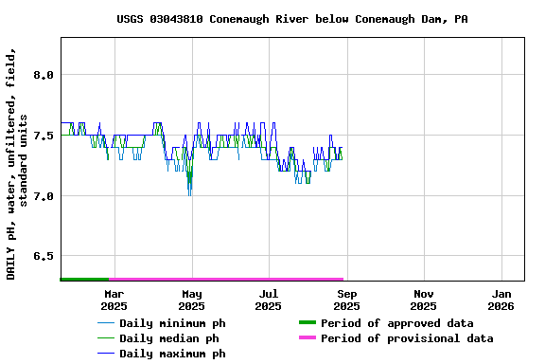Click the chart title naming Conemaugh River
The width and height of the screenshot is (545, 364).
point(291,19)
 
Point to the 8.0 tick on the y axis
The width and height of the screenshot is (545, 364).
point(43,75)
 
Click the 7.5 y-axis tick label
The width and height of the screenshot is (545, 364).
point(43,136)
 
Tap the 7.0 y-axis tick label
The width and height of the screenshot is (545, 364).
point(43,196)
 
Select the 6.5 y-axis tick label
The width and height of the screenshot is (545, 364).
point(43,257)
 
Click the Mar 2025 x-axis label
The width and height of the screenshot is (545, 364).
point(114,300)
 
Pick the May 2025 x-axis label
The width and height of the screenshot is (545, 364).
point(191,300)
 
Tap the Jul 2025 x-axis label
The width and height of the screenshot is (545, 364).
point(269,300)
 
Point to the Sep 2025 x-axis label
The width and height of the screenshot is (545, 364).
point(346,300)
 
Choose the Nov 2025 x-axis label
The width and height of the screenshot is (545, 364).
point(424,300)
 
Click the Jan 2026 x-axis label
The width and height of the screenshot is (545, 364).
point(501,300)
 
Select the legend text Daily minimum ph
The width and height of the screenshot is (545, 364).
point(172,323)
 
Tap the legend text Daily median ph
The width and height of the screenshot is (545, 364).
point(168,338)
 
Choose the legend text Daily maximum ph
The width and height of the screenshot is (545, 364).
point(172,354)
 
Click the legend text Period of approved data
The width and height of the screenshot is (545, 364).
point(396,323)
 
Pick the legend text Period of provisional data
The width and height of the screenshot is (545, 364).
point(407,338)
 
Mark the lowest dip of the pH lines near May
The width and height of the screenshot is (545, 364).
point(190,193)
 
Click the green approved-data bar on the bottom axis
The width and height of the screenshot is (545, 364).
point(85,279)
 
